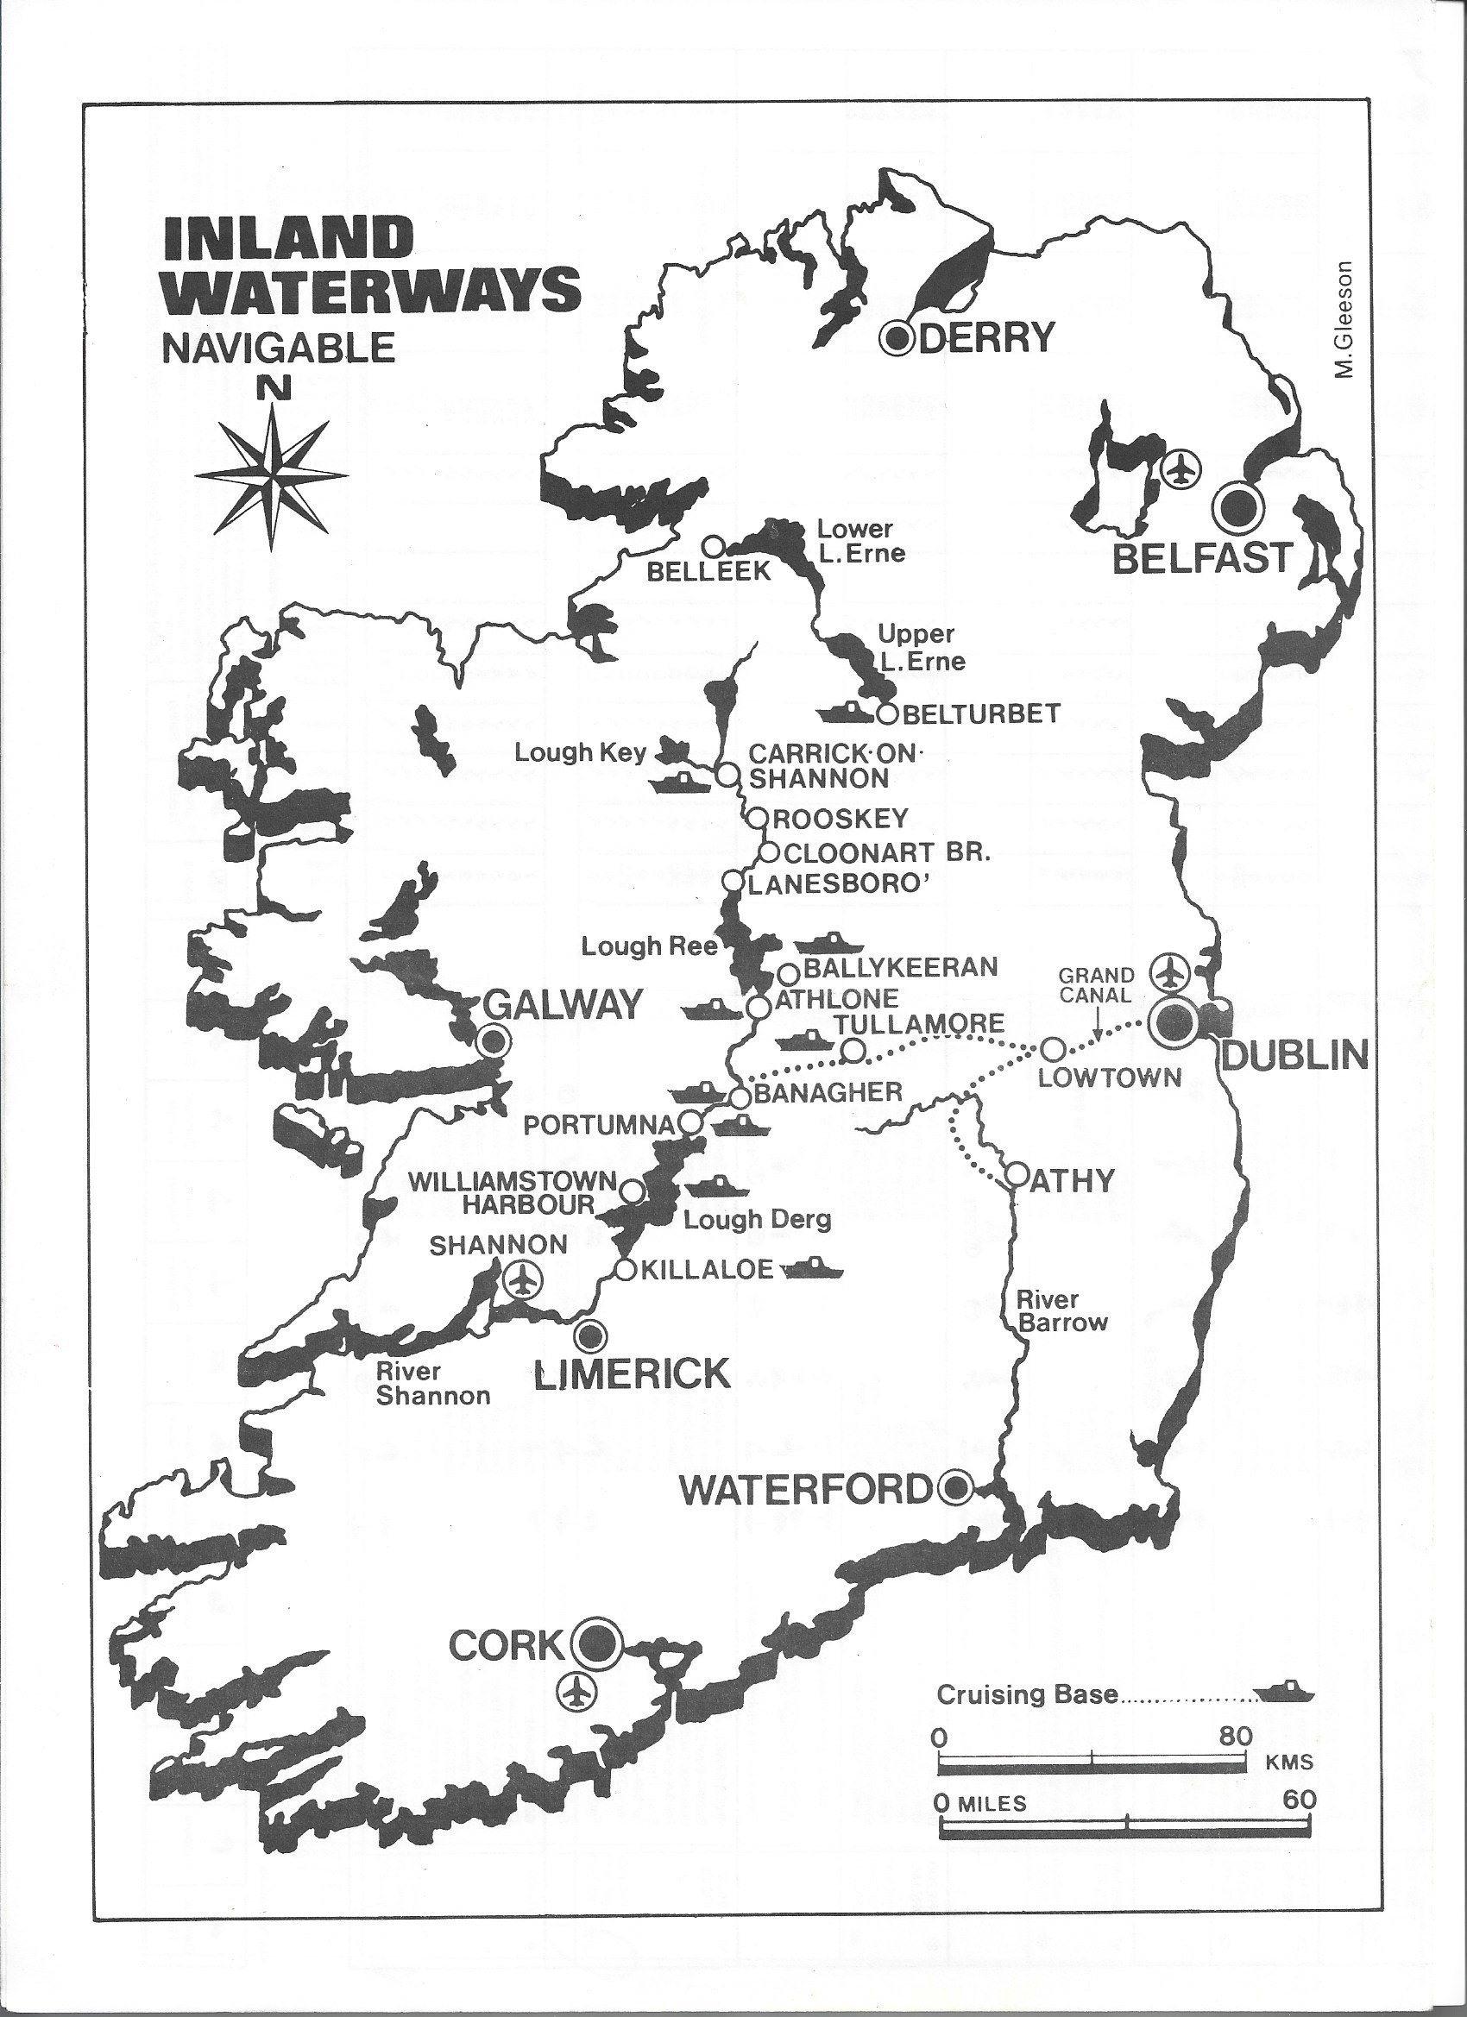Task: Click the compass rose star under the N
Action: tap(271, 472)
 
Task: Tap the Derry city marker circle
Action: tap(898, 337)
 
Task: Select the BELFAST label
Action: tap(1202, 558)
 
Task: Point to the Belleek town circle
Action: tap(713, 544)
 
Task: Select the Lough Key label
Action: tap(580, 752)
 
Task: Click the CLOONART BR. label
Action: tap(885, 852)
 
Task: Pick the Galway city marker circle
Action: tap(494, 1040)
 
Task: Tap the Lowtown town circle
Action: tap(1053, 1049)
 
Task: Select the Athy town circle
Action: tap(1017, 1174)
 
